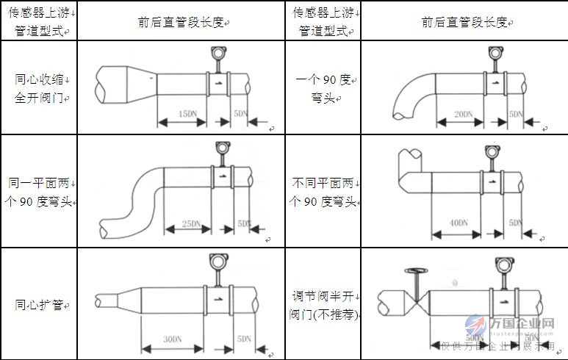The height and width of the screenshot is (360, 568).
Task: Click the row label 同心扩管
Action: coord(39,304)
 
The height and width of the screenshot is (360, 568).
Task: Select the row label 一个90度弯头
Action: coord(324,87)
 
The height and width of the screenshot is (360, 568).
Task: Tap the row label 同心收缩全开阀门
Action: coord(39,87)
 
